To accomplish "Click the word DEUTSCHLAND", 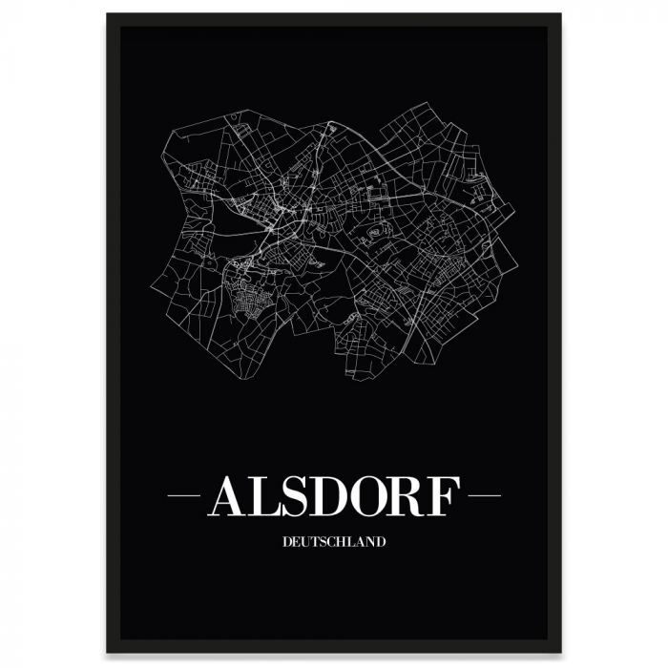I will coord(334,542).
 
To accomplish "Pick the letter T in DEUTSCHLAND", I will coord(317,542).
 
